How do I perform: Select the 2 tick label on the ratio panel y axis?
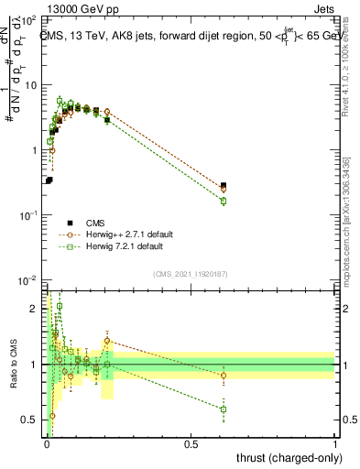click(37, 309)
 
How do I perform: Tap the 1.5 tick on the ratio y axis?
click(33, 336)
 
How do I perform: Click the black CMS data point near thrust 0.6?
click(224, 185)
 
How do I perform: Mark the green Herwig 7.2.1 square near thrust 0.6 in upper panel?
click(224, 201)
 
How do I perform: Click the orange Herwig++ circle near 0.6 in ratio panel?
click(224, 376)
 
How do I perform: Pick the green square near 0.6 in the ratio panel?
click(224, 409)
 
